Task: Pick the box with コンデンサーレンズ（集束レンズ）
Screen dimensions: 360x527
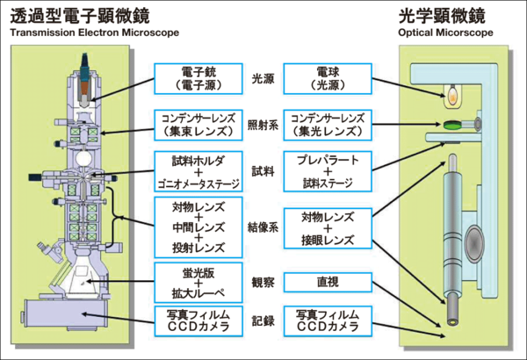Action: point(196,126)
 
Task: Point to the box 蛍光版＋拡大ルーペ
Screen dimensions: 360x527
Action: point(196,282)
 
